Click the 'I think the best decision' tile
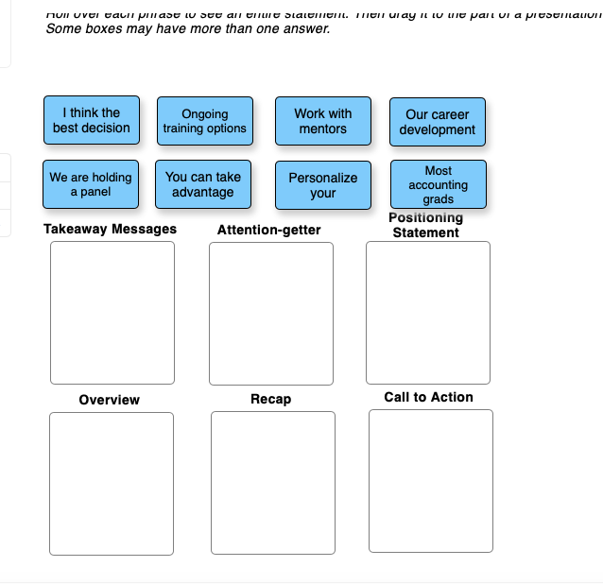click(x=92, y=120)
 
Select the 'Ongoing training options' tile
click(x=204, y=121)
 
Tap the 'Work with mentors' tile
click(x=323, y=121)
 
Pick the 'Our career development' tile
click(x=438, y=122)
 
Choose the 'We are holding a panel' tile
click(x=92, y=184)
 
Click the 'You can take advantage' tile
click(x=203, y=184)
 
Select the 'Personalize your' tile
click(x=323, y=185)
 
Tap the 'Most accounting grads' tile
click(x=439, y=184)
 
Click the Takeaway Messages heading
click(x=110, y=229)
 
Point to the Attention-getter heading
click(x=268, y=230)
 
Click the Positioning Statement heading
click(x=426, y=225)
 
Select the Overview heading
click(x=109, y=400)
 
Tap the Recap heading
click(x=270, y=399)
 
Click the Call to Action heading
click(x=428, y=397)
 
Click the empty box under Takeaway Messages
click(x=112, y=313)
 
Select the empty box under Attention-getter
click(x=271, y=314)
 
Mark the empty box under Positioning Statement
click(x=428, y=313)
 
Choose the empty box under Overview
click(x=112, y=484)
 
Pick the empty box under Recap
click(x=273, y=484)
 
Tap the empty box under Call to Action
click(x=431, y=481)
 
